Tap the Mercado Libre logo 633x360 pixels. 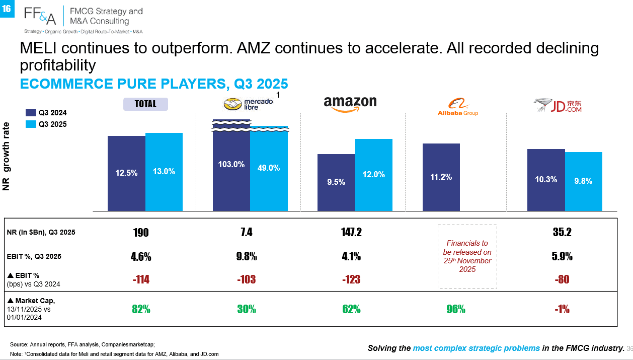[248, 104]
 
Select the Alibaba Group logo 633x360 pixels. [458, 107]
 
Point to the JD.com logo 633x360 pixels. [558, 105]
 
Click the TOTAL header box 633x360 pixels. [145, 104]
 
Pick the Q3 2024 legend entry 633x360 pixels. [46, 113]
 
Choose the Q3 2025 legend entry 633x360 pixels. [46, 124]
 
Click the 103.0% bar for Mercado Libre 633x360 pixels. [231, 165]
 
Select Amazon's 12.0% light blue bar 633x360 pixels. [373, 175]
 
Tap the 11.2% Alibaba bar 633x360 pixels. [441, 177]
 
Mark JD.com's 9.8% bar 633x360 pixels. [584, 182]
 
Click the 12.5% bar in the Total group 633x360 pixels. [127, 173]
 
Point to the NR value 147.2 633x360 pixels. [351, 232]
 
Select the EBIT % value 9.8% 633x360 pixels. [247, 256]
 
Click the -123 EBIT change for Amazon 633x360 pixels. [351, 279]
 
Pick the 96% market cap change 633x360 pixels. [456, 309]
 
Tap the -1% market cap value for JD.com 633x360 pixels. [562, 309]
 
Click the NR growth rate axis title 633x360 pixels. [6, 156]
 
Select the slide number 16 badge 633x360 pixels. [7, 9]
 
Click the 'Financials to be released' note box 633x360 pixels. [467, 256]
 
